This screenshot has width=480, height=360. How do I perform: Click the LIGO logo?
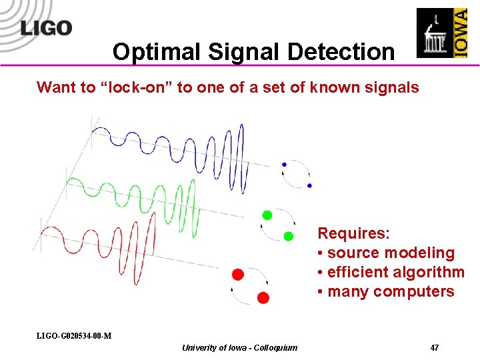pos(45,27)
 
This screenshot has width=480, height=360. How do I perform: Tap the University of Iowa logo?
pos(441,33)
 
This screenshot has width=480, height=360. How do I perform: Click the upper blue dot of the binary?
pos(285,164)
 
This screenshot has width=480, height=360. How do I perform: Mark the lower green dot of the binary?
pos(289,236)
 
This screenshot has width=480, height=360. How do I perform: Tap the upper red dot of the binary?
pos(238,274)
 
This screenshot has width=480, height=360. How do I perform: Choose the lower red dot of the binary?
pos(263,297)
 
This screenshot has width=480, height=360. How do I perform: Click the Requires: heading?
pos(353,233)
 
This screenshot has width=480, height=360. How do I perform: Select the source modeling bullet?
pos(387,253)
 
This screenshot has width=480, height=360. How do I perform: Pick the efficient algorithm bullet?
pos(391,272)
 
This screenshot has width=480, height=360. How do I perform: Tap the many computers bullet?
pos(386,291)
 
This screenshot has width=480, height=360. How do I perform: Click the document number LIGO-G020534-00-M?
pos(74,335)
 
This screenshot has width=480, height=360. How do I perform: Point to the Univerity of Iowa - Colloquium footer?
pos(239,347)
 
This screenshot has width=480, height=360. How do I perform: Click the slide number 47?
pos(434,347)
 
